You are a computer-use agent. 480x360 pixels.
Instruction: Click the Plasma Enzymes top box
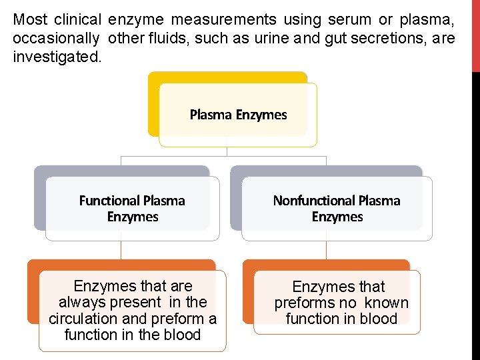pos(238,115)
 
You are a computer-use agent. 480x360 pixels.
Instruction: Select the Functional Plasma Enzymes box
pos(132,208)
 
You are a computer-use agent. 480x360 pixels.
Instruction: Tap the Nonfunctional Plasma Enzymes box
pos(337,208)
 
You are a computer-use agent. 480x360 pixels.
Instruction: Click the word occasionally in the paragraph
pos(57,38)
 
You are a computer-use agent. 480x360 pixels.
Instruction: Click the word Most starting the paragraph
pos(29,20)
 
